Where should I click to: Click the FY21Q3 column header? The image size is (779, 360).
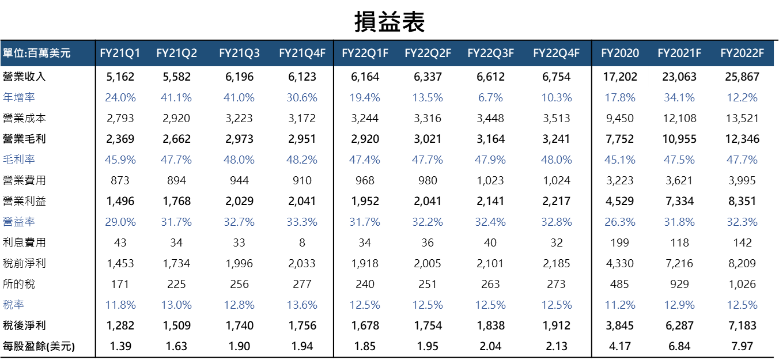(239, 54)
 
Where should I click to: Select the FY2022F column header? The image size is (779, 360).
(742, 54)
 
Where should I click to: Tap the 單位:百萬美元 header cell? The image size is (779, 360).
(37, 54)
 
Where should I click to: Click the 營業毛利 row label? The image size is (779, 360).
(24, 139)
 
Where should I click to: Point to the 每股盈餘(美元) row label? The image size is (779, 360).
(39, 346)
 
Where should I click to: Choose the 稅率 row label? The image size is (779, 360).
(13, 305)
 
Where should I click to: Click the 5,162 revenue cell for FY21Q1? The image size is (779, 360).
(120, 77)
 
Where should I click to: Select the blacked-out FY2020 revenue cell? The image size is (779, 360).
(620, 77)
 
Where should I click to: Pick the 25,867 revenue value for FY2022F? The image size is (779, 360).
(742, 77)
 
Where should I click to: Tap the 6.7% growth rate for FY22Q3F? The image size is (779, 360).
(490, 97)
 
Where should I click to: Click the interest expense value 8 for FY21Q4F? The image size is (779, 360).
(302, 242)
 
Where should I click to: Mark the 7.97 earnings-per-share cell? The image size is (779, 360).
(742, 346)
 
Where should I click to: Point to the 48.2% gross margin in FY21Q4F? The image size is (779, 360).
(302, 160)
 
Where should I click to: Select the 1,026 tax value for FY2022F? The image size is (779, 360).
(742, 284)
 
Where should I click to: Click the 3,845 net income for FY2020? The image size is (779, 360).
(620, 325)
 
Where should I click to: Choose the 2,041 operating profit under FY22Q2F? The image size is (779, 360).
(427, 201)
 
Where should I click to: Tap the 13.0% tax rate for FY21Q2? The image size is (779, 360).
(176, 305)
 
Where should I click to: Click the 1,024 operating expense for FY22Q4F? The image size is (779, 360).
(556, 180)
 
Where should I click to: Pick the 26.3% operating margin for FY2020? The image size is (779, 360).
(620, 222)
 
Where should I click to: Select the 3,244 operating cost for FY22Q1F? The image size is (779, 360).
(365, 118)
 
